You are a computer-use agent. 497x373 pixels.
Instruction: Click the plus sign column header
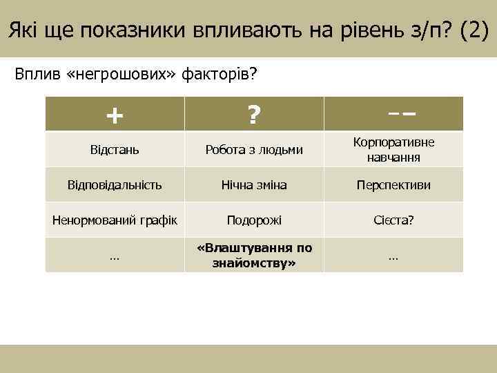(115, 115)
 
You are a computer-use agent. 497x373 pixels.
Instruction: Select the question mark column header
(254, 115)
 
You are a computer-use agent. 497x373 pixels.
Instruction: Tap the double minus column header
(393, 113)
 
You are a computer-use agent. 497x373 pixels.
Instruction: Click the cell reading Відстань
(115, 149)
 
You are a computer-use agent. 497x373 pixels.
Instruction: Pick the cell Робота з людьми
(254, 149)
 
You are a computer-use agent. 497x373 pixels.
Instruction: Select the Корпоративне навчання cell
(393, 149)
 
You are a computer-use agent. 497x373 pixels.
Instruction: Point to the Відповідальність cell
(115, 184)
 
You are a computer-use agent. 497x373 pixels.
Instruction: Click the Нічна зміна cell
(254, 184)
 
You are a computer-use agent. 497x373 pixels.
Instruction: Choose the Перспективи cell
(393, 184)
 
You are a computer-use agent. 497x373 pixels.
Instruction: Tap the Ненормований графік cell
(115, 220)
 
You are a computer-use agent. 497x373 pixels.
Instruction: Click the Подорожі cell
(254, 220)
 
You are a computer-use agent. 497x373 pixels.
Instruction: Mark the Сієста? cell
(393, 220)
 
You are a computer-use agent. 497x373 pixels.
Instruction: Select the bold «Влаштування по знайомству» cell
(254, 255)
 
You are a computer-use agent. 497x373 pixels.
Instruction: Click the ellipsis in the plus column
(115, 256)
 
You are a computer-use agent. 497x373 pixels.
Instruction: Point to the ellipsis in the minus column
(393, 256)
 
